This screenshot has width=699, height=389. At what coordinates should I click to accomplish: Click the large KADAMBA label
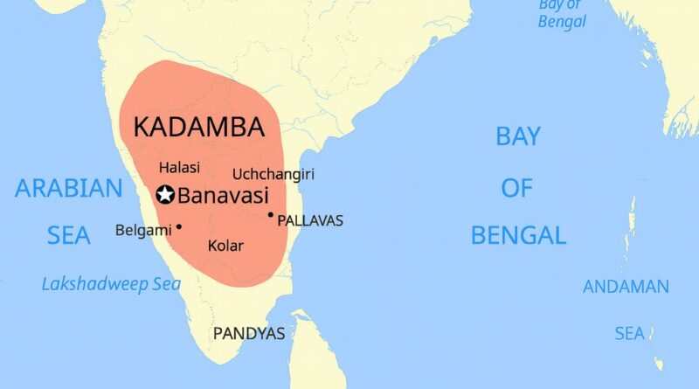click(198, 128)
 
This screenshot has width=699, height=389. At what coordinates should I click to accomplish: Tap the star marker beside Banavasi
click(163, 195)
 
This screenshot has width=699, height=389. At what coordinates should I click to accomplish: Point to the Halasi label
click(179, 167)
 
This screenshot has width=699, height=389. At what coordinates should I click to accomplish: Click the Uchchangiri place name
click(273, 175)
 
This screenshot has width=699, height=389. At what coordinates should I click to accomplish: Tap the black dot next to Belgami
click(179, 226)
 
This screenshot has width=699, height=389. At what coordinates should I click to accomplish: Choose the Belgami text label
click(143, 231)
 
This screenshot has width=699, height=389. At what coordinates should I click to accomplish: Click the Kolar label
click(225, 246)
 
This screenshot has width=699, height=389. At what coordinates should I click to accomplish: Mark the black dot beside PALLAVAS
click(271, 214)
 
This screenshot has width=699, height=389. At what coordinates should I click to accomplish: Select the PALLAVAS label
click(310, 221)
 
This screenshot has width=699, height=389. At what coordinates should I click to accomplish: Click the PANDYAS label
click(249, 334)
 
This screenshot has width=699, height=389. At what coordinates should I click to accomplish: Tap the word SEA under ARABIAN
click(68, 235)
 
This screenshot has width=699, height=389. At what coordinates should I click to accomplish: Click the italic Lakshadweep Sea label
click(111, 284)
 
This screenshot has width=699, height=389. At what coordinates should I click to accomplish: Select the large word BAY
click(518, 136)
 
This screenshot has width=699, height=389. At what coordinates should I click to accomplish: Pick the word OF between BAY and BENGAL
click(516, 187)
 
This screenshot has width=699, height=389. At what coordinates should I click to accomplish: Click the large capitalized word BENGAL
click(518, 235)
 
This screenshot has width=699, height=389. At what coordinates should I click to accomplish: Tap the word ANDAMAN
click(626, 287)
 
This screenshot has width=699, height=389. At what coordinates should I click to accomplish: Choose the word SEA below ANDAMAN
click(629, 334)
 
